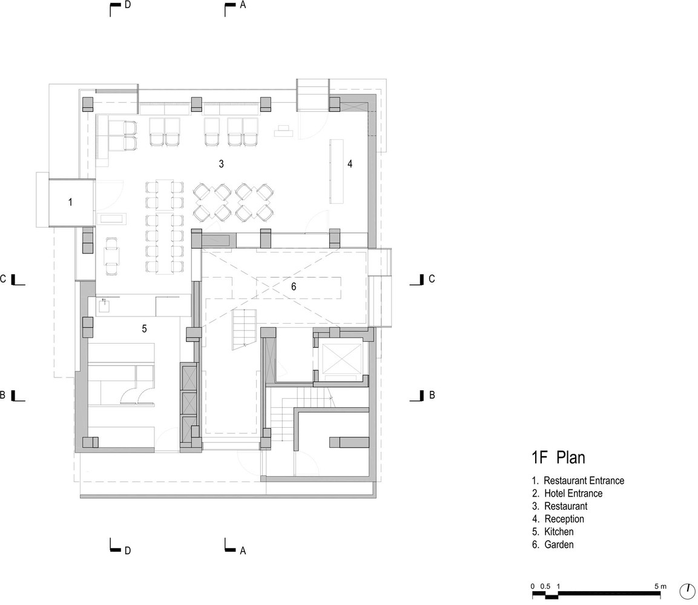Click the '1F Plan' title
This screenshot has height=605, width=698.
pos(558,457)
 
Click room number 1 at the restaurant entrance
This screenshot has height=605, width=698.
pos(70,203)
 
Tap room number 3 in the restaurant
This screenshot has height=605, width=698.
pos(221,164)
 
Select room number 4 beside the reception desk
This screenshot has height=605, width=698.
pos(350,164)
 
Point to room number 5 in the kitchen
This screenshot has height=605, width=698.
pos(144,329)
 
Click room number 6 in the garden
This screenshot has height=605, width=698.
pos(294,287)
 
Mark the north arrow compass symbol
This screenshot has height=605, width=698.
pos(687,590)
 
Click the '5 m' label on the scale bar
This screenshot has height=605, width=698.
pos(660,586)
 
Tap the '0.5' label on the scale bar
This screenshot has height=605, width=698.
pos(545,586)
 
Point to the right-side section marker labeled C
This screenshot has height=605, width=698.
pos(423,280)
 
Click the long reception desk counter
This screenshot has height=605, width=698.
pos(337,171)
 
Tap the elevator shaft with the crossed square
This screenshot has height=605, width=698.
pos(340,359)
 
